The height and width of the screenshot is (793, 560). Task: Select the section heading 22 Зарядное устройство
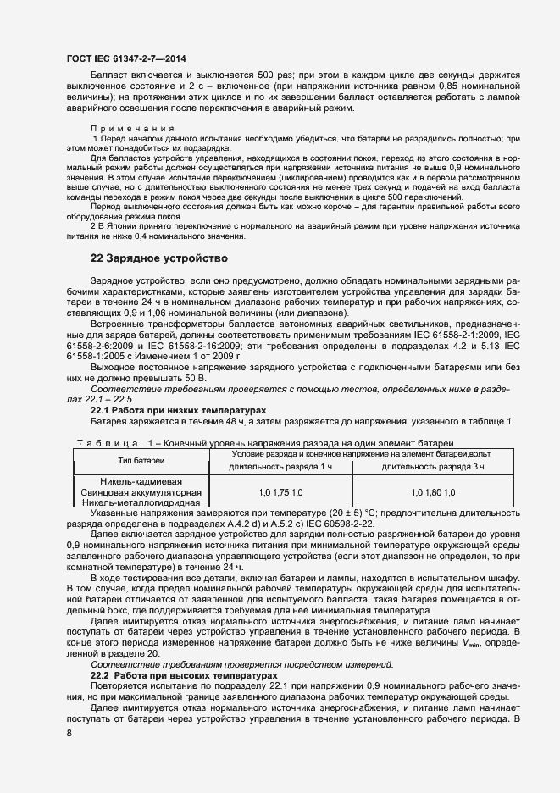point(158,258)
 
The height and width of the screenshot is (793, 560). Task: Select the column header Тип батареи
point(141,459)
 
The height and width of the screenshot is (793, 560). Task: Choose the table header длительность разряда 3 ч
point(433,467)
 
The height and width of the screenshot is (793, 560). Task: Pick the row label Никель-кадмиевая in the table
point(141,481)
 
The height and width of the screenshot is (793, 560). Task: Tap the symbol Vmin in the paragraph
point(464,644)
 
